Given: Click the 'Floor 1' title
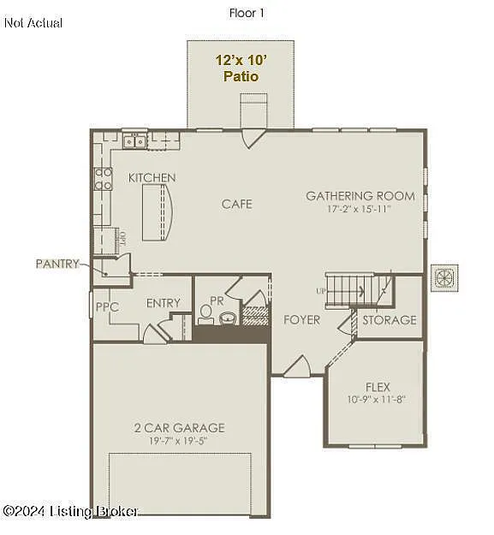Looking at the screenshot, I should [x=247, y=13].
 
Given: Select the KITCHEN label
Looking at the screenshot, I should [x=152, y=178].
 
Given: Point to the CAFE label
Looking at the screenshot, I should [x=237, y=204].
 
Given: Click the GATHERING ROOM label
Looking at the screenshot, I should [x=360, y=196].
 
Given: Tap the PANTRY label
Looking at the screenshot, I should [x=57, y=264].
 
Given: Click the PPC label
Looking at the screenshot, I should [x=107, y=306].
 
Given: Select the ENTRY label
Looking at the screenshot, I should [x=163, y=303].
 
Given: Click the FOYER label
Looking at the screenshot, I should [x=302, y=320].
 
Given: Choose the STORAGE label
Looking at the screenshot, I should [x=389, y=320].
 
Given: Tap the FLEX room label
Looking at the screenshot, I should [x=378, y=386].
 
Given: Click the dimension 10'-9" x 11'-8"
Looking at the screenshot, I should [x=378, y=399].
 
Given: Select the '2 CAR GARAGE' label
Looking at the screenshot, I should [x=179, y=427].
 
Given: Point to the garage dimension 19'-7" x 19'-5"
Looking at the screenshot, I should [x=179, y=440].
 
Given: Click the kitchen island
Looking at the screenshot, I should [x=159, y=213].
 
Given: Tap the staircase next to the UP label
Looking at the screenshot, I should [x=349, y=288].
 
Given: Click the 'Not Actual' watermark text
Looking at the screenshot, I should [x=33, y=23].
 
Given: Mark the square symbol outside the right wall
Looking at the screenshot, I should [x=445, y=277].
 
